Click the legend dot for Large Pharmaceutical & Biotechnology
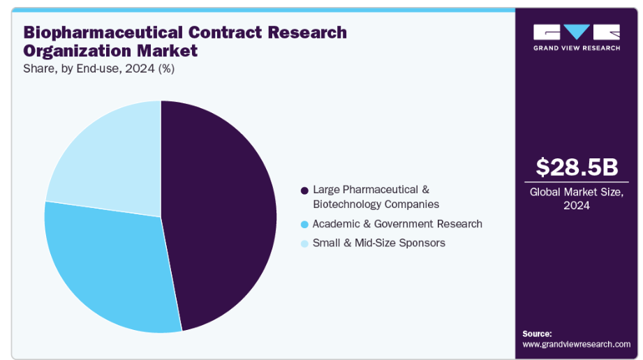(304, 190)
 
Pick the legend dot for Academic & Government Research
(304, 225)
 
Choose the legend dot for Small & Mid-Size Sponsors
(304, 243)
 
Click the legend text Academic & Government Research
(397, 224)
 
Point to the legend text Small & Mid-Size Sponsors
(378, 243)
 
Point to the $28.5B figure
(577, 167)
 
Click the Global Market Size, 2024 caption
(577, 198)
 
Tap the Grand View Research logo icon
(576, 32)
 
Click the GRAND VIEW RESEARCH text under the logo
(576, 47)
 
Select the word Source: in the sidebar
(537, 333)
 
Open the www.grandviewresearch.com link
(576, 344)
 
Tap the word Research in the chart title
(309, 32)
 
